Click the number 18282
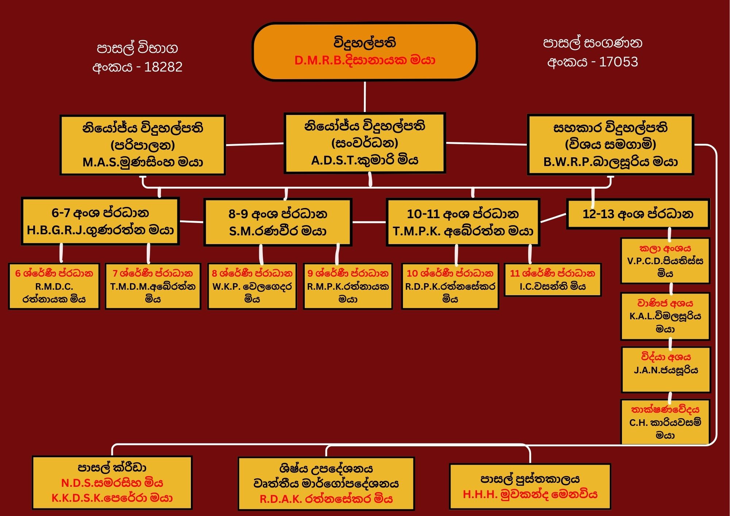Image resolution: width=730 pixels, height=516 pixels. click(163, 67)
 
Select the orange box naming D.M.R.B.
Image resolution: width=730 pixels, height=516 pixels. click(365, 51)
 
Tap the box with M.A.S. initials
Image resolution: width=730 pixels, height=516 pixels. click(142, 145)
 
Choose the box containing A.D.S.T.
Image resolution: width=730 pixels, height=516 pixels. click(365, 143)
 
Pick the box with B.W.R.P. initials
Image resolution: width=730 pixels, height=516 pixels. click(610, 145)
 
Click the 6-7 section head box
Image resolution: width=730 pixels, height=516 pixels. click(100, 221)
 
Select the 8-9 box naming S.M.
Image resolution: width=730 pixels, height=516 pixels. click(278, 222)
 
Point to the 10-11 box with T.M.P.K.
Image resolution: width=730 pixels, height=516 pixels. click(463, 222)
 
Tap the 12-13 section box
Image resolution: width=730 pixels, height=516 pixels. click(638, 214)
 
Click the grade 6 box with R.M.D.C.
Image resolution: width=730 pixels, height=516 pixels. click(54, 286)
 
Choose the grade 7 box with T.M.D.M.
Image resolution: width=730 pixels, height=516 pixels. click(153, 286)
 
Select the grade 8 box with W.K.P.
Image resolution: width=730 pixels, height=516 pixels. click(252, 286)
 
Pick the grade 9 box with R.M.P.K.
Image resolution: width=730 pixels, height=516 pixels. click(348, 286)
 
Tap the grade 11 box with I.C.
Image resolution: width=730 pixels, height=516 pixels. click(553, 280)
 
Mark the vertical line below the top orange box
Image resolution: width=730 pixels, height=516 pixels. click(365, 97)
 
